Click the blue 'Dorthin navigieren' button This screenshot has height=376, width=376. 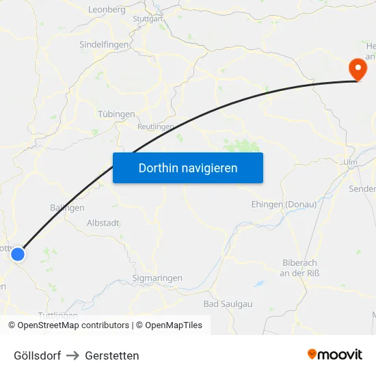coord(188,167)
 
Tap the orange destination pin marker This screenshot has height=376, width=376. coord(356,69)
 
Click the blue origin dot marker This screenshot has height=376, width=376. coord(18,254)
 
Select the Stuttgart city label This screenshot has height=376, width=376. coord(148,19)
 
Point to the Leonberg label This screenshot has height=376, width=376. coord(107,10)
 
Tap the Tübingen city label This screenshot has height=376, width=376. coord(116,114)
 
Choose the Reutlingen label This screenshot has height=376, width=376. coord(156,126)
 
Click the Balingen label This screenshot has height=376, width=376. coord(67,207)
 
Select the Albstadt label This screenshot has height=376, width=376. coord(103,223)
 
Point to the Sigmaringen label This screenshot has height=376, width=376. coord(157,278)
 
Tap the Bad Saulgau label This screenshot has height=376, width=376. coord(228,303)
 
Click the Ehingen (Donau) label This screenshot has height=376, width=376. coord(283,204)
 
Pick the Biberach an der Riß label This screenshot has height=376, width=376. coord(301,268)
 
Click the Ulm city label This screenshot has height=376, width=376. coord(351,163)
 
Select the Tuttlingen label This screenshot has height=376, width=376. coord(58,315)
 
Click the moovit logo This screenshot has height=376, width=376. coord(335,355)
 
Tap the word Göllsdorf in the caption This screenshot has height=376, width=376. coord(37,355)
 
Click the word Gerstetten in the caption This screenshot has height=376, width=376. coord(112,355)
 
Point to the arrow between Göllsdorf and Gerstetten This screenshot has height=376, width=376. coord(73,355)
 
